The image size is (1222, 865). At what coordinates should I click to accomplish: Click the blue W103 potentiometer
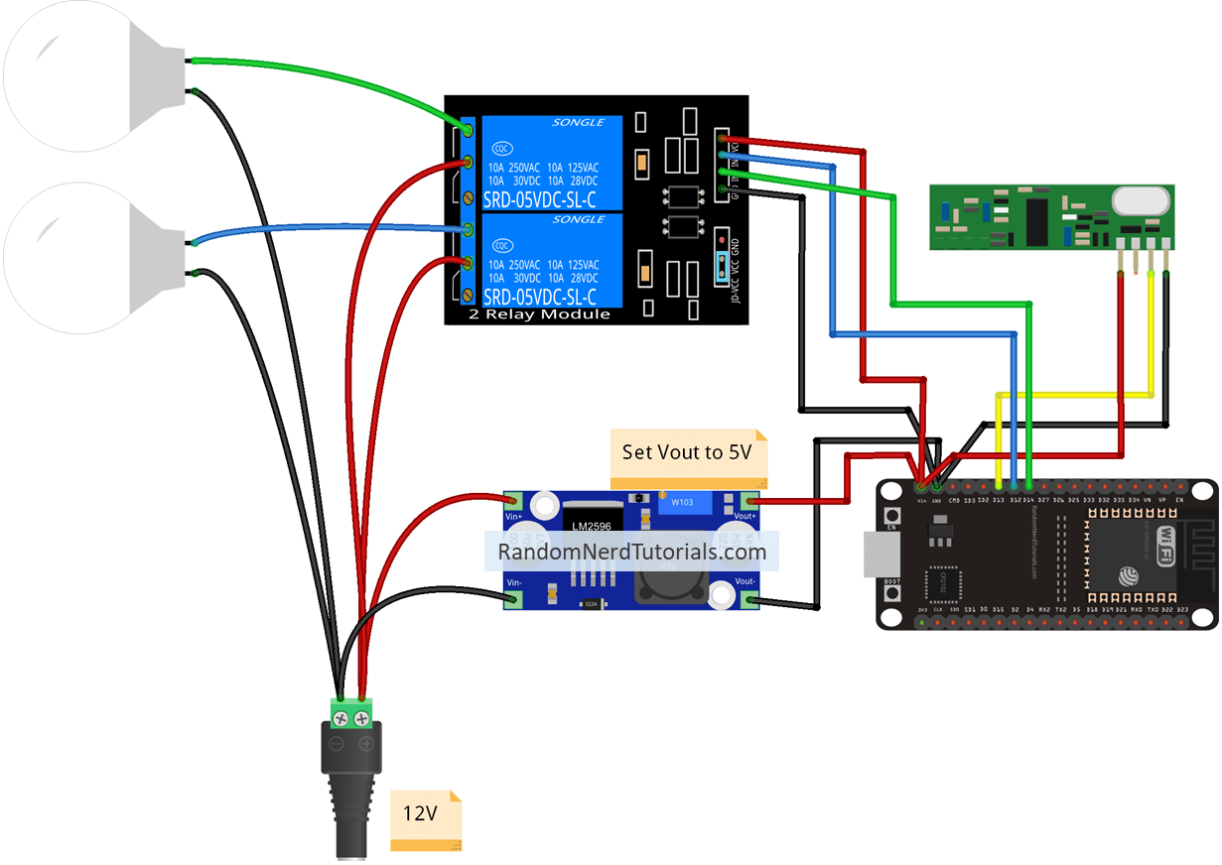(x=683, y=503)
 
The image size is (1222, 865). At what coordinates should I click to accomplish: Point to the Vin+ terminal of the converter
(x=514, y=504)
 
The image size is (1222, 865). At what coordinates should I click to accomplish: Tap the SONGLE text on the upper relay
(x=578, y=122)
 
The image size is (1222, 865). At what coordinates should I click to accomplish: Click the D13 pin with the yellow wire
(x=998, y=487)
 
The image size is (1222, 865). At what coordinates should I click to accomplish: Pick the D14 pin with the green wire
(x=1029, y=487)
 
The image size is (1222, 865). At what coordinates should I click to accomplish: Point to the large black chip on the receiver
(x=1037, y=220)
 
